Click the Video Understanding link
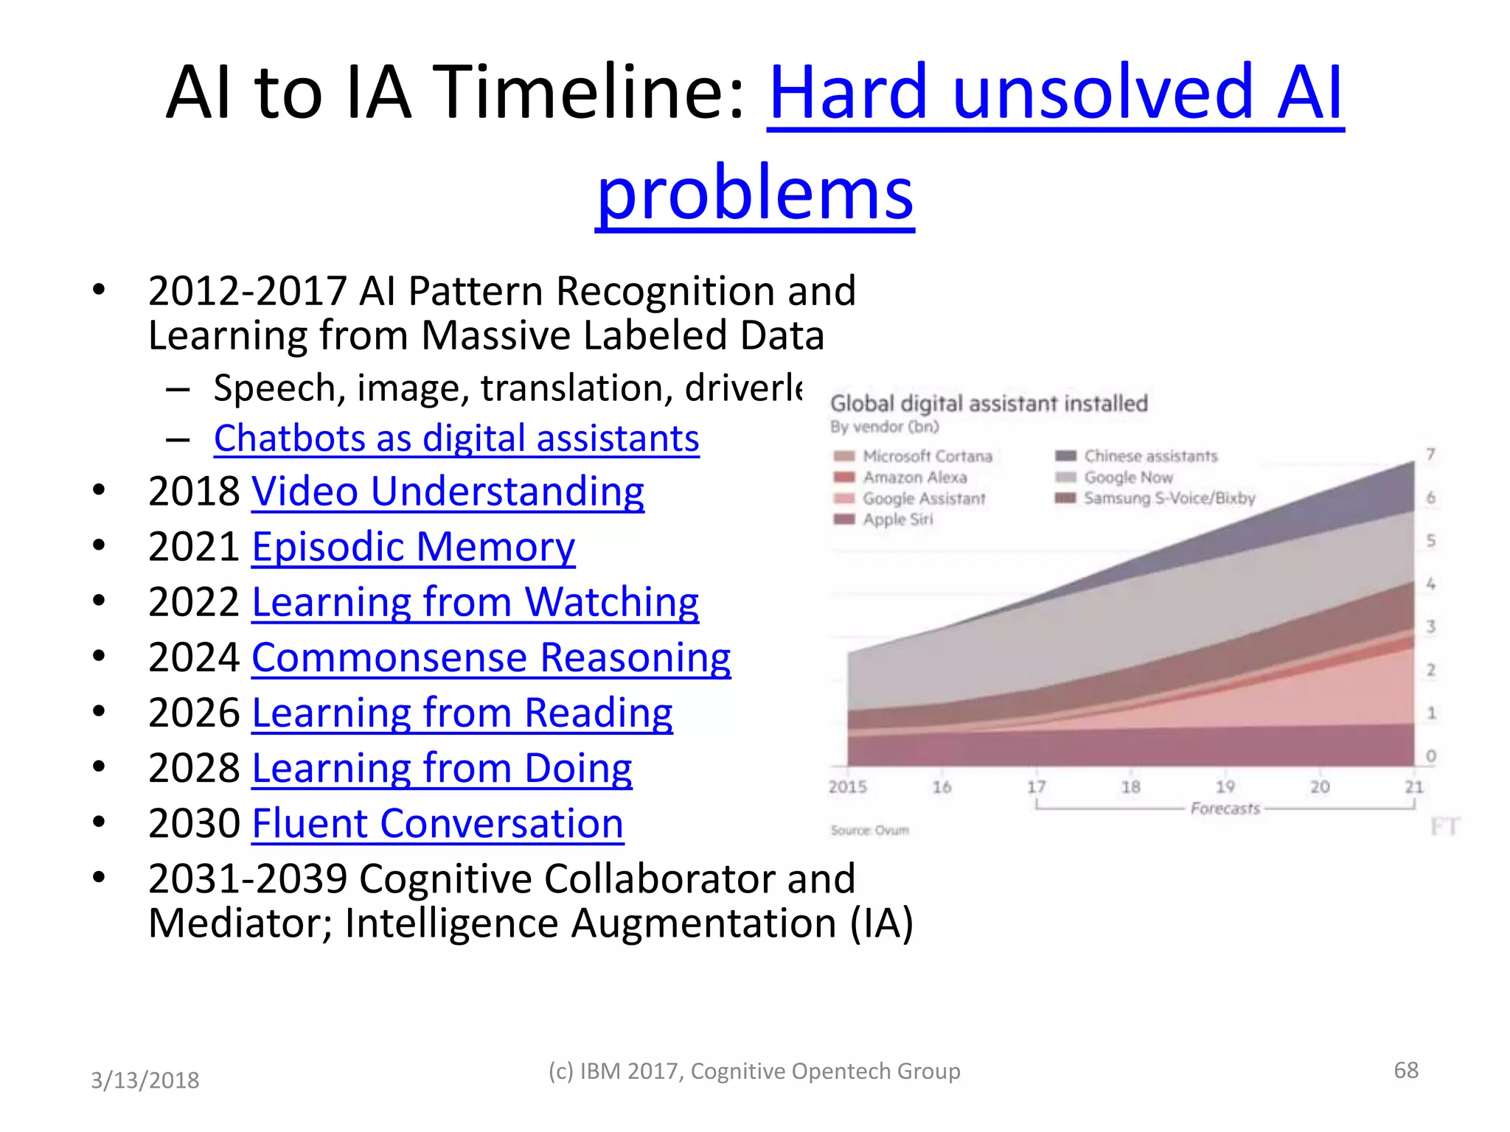(x=448, y=492)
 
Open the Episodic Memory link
(x=413, y=547)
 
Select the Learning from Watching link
(x=475, y=602)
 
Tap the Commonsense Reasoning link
(x=491, y=657)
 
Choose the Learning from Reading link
(x=462, y=713)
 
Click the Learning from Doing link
(x=442, y=768)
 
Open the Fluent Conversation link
(x=437, y=823)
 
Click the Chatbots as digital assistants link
(x=456, y=439)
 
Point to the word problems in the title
(x=755, y=193)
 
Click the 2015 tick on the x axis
(x=847, y=787)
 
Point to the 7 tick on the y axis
(x=1430, y=454)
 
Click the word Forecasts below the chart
(x=1225, y=808)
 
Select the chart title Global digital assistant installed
(x=989, y=404)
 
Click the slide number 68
(x=1405, y=1070)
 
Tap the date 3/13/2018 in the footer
(x=145, y=1080)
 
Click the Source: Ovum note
(x=869, y=831)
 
